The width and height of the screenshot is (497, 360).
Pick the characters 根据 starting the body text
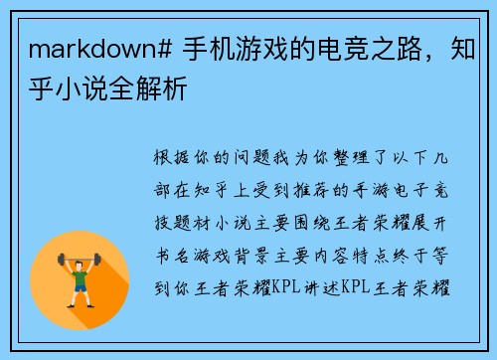coord(165,158)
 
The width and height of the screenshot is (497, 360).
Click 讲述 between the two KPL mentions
coord(322,289)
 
